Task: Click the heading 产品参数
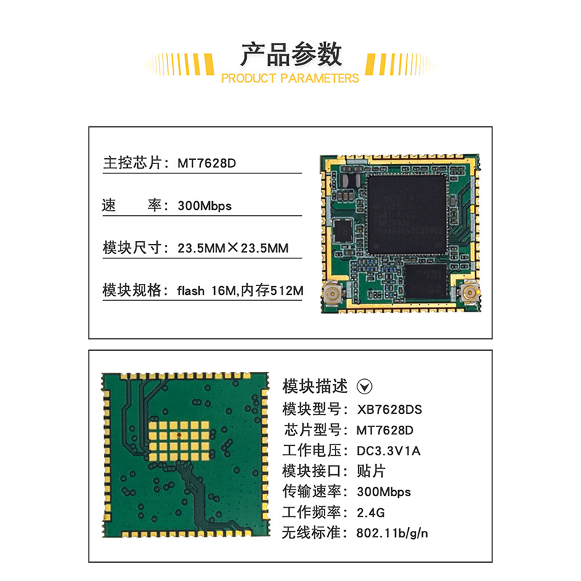click(291, 54)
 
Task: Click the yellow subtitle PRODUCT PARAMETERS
click(290, 78)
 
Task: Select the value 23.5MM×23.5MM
click(232, 248)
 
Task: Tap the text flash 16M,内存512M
click(240, 290)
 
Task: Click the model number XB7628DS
click(389, 410)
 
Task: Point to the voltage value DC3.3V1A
click(389, 450)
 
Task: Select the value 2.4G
click(370, 513)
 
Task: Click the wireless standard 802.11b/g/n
click(392, 533)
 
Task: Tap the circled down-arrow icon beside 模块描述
click(365, 386)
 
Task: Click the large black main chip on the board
click(407, 214)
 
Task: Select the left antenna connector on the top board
click(333, 293)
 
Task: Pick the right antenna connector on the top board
click(469, 293)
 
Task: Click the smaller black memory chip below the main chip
click(426, 282)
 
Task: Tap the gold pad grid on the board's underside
click(179, 441)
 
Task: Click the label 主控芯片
click(132, 163)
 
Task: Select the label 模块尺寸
click(132, 248)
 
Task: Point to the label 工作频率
click(312, 513)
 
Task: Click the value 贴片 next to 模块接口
click(371, 471)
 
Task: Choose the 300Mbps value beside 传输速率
click(384, 492)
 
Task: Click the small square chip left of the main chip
click(343, 231)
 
